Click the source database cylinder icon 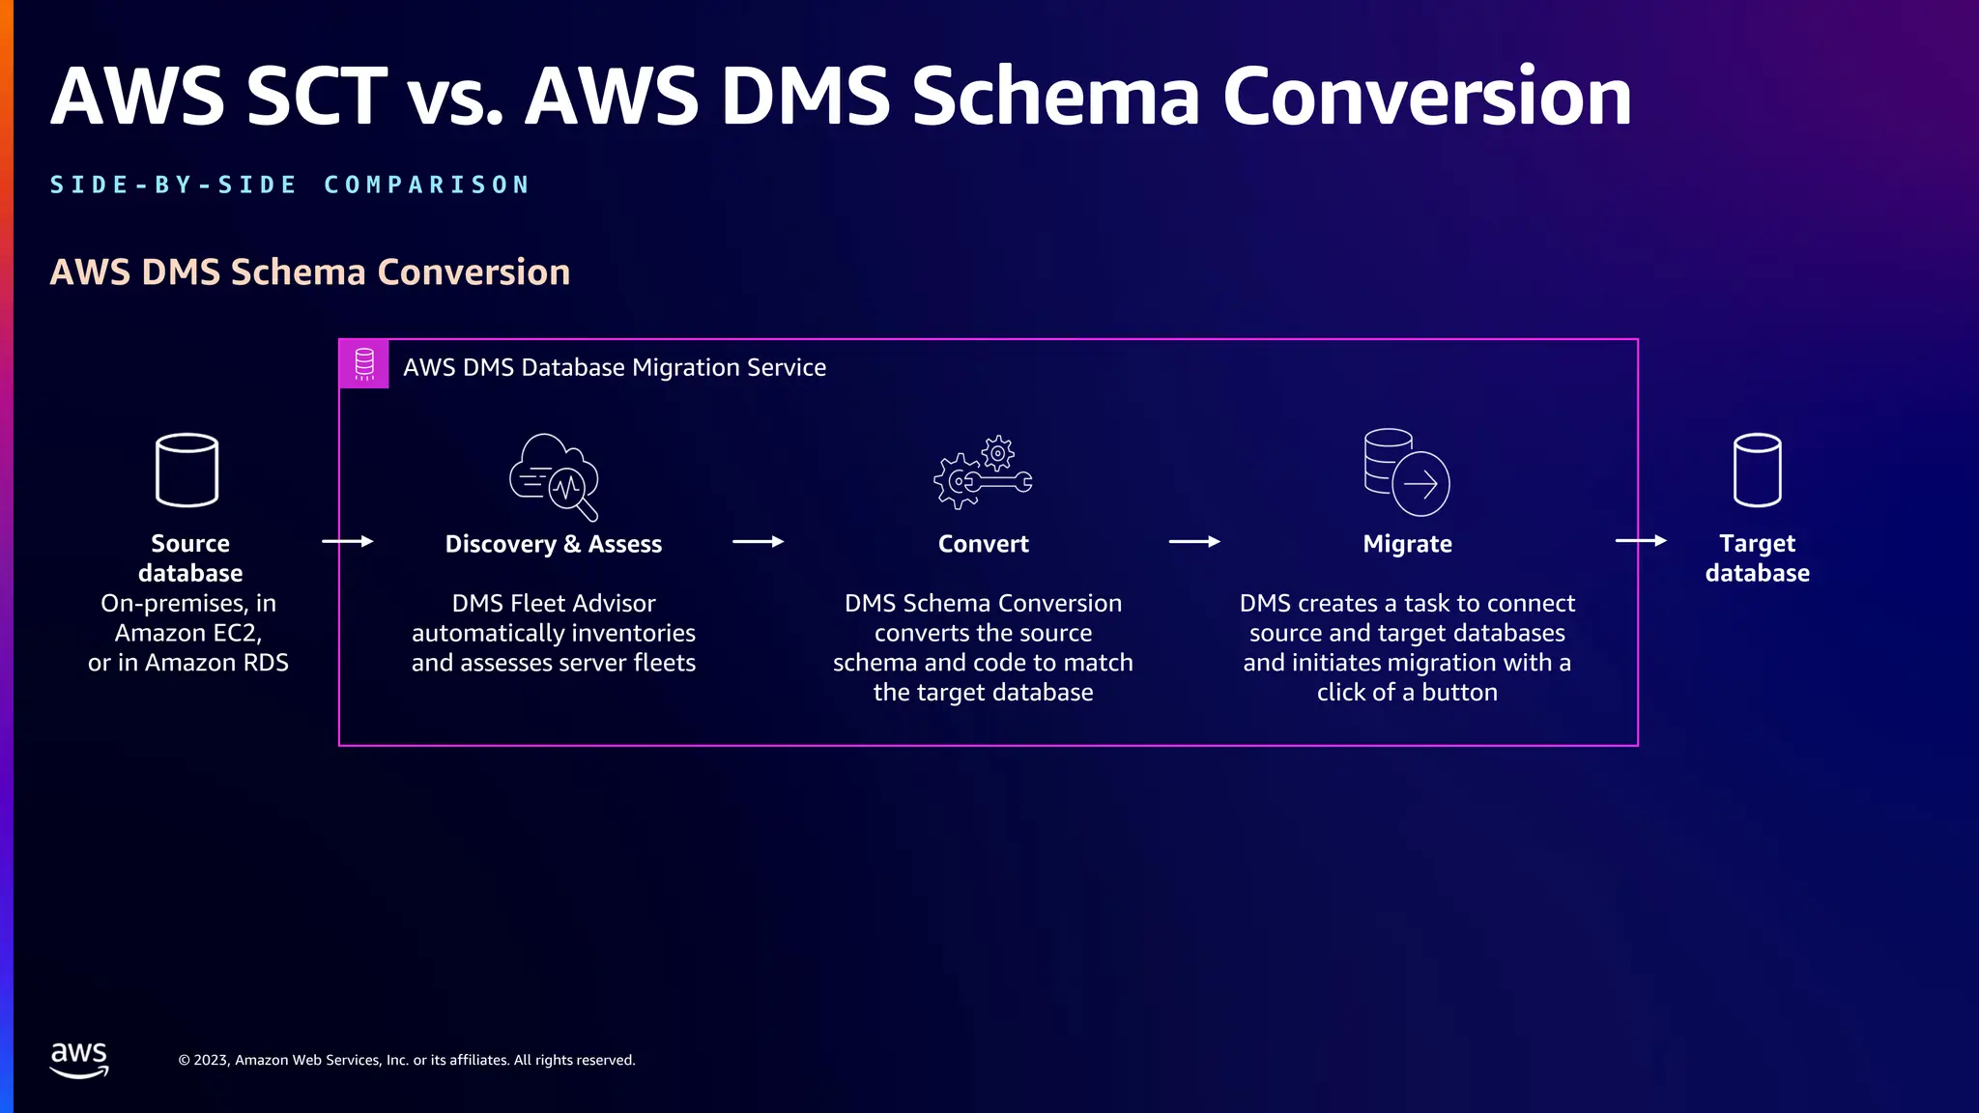(186, 470)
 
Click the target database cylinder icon (1757, 470)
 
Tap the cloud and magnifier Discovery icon (554, 476)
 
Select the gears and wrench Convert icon (983, 472)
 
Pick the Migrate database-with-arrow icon (1406, 472)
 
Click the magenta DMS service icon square (364, 364)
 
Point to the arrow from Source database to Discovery (347, 541)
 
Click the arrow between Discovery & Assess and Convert (758, 542)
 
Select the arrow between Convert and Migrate (1194, 542)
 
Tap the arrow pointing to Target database (1641, 541)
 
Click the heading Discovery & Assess (553, 544)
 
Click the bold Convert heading (983, 544)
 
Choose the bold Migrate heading (1407, 544)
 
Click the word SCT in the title (316, 97)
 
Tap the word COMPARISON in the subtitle (427, 185)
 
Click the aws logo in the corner (79, 1059)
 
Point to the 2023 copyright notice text (407, 1060)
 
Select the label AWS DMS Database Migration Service (615, 367)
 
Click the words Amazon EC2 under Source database (186, 633)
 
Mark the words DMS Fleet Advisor (553, 603)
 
